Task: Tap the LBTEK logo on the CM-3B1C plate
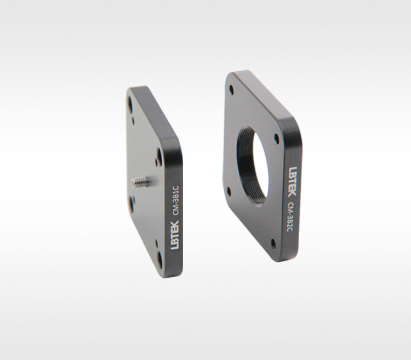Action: pos(175,235)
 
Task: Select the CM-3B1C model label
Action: pos(175,201)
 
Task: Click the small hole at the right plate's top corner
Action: pos(231,90)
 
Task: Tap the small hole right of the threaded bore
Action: pos(277,139)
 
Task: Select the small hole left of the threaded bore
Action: pos(229,192)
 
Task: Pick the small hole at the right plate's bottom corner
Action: pos(273,244)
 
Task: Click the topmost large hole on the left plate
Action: pos(130,103)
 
